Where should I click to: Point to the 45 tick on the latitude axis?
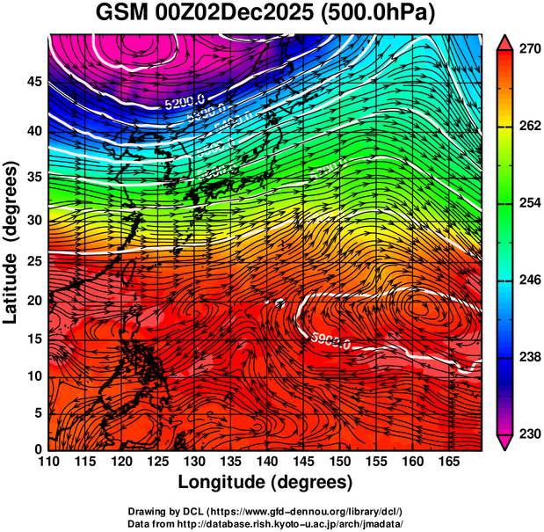[x=33, y=81]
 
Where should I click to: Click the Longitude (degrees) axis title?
[x=265, y=482]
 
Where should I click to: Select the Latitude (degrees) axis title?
[x=11, y=242]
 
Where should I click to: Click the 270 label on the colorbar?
[x=527, y=49]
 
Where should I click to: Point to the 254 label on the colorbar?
[x=527, y=203]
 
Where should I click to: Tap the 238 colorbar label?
[x=527, y=357]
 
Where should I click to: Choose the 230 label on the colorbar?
[x=527, y=434]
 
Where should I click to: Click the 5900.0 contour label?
[x=330, y=341]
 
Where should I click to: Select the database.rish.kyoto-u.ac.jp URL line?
[x=265, y=522]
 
